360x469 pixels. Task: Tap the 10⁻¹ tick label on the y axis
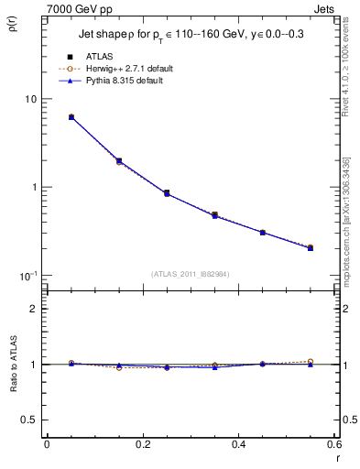(27, 275)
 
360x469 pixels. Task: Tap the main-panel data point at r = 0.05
(71, 117)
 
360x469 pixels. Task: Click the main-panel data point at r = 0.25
(167, 193)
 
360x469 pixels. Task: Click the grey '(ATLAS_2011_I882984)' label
(191, 274)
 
